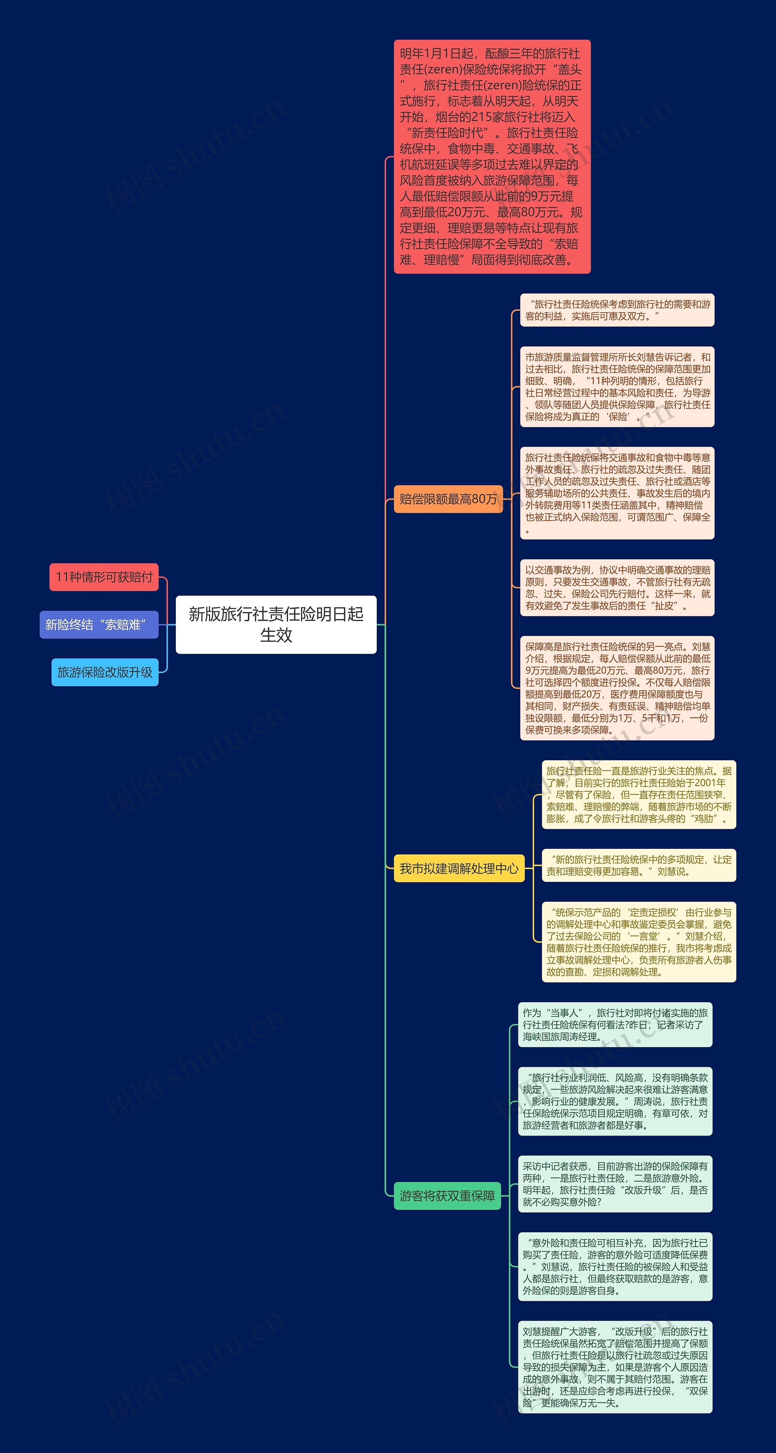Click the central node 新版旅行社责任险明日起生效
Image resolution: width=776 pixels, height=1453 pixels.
(x=276, y=624)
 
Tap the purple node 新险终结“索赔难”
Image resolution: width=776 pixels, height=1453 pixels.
(x=99, y=624)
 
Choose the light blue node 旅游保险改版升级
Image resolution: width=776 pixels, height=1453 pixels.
(x=105, y=672)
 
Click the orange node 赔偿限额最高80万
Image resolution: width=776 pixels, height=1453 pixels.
(x=448, y=499)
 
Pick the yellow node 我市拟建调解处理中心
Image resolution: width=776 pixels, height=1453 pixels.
(x=459, y=868)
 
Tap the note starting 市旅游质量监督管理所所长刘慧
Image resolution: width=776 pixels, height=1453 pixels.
(x=617, y=387)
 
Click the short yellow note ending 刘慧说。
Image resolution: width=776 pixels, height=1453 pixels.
(x=638, y=865)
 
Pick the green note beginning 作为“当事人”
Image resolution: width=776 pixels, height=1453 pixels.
(x=615, y=1024)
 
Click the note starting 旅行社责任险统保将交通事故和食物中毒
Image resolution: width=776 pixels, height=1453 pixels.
(x=617, y=493)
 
